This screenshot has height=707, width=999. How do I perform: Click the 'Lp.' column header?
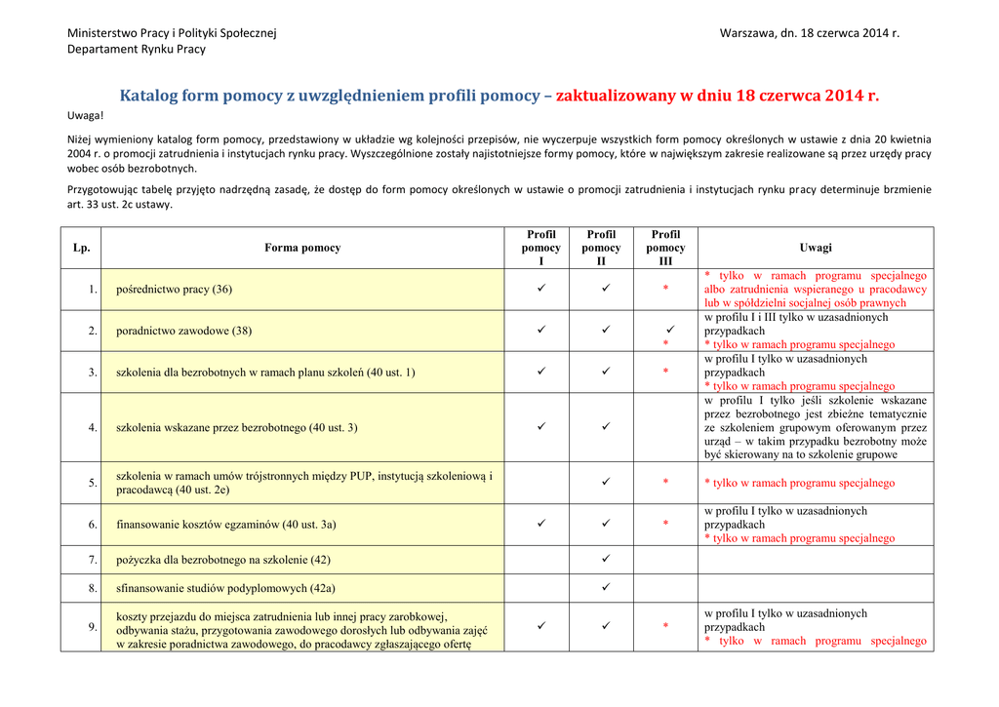tap(81, 248)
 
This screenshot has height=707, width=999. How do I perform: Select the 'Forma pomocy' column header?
tap(302, 248)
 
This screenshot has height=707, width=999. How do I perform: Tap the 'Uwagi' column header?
tap(816, 248)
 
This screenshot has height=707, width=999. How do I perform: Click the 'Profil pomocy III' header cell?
tap(665, 248)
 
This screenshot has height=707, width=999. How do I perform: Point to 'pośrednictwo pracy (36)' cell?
tap(175, 290)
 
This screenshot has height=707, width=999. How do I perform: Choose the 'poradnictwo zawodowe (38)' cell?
tap(183, 331)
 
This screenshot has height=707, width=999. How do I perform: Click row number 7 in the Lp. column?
tap(93, 560)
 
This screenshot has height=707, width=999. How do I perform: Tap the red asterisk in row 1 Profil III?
tap(665, 290)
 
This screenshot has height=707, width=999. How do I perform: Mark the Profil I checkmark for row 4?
tap(541, 427)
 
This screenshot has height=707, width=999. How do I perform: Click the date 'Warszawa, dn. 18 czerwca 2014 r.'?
tap(809, 33)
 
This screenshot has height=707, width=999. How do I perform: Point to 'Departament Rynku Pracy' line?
tap(137, 49)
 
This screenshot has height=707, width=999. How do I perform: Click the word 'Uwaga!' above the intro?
tap(85, 115)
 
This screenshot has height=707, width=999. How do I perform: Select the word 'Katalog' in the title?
tap(151, 96)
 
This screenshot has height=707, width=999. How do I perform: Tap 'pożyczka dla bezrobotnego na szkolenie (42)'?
tap(223, 560)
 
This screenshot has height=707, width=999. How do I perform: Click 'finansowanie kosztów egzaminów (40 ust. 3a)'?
tap(226, 525)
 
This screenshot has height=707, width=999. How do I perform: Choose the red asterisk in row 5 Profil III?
tap(665, 483)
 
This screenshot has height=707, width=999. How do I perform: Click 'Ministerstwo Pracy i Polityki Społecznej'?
tap(172, 33)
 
